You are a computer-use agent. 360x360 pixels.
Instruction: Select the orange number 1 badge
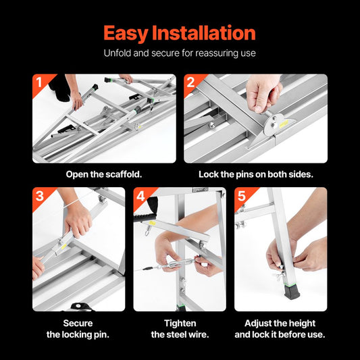[39, 82]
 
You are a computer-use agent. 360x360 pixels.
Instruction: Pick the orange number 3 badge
[39, 197]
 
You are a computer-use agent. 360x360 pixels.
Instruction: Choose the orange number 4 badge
[140, 197]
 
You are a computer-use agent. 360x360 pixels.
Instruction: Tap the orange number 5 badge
[241, 197]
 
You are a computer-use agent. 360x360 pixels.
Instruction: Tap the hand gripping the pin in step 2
[263, 91]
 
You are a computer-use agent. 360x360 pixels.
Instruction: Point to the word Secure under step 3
[78, 323]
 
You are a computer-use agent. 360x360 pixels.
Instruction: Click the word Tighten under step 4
[179, 323]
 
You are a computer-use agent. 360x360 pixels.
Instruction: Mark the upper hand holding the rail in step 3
[78, 217]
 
